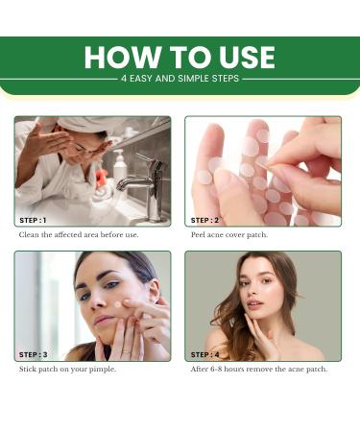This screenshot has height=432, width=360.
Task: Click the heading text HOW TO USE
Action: [180, 57]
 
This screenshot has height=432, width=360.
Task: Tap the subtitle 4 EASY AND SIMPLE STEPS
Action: [180, 79]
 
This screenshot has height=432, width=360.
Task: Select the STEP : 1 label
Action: [33, 220]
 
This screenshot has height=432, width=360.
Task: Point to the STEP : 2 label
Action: [204, 220]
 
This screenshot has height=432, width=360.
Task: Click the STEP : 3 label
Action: [33, 354]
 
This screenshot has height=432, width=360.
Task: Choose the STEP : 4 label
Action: [205, 354]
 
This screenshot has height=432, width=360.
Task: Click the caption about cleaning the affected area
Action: [79, 234]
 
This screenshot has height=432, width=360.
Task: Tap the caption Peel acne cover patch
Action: [229, 235]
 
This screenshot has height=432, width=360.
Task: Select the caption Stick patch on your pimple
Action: [67, 370]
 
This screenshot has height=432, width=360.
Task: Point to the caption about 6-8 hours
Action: [259, 370]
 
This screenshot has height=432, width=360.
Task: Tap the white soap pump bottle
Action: [120, 166]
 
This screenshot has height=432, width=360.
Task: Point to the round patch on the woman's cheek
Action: [117, 304]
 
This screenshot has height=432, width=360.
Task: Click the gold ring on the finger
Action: [126, 351]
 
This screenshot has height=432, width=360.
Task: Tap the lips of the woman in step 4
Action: [255, 303]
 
